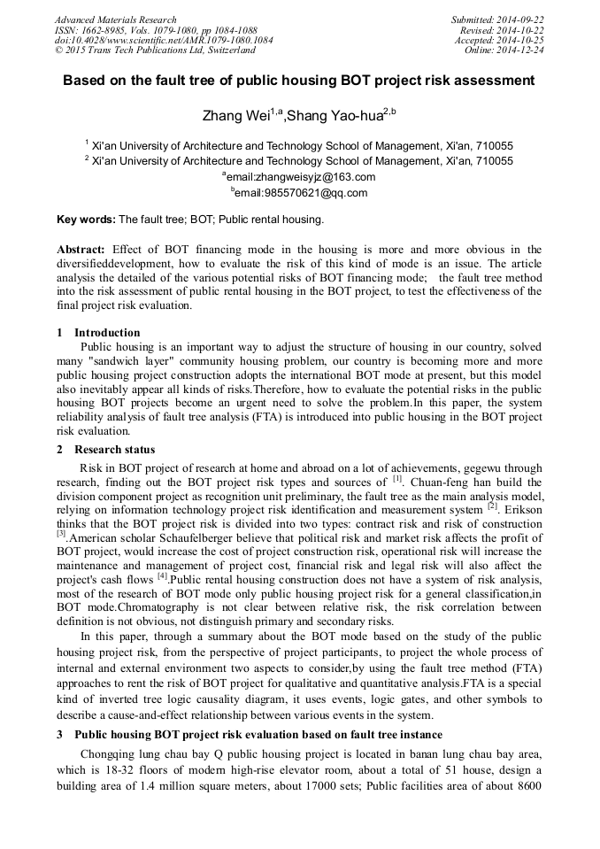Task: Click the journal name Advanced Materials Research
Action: pyautogui.click(x=115, y=19)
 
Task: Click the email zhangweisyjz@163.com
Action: pyautogui.click(x=303, y=176)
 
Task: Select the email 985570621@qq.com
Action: pyautogui.click(x=303, y=192)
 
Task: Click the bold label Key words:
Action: pyautogui.click(x=86, y=219)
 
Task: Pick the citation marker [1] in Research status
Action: pyautogui.click(x=397, y=479)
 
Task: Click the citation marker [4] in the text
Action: pyautogui.click(x=164, y=576)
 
